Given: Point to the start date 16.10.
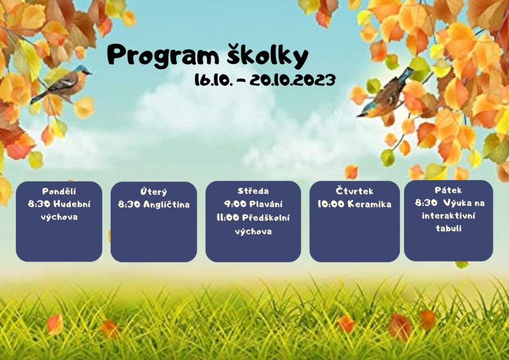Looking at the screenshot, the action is (214, 80).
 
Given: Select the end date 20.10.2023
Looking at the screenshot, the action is (292, 80).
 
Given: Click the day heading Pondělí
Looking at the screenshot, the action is (59, 191).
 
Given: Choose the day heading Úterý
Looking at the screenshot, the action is (154, 192).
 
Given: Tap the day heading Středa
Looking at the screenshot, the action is (253, 191).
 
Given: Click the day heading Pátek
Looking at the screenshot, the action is (448, 190).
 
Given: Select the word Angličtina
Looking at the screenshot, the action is (167, 204).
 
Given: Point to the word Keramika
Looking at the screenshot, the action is (369, 204).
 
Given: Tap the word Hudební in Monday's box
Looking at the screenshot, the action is (72, 204).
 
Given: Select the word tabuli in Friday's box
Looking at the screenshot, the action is (448, 228).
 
